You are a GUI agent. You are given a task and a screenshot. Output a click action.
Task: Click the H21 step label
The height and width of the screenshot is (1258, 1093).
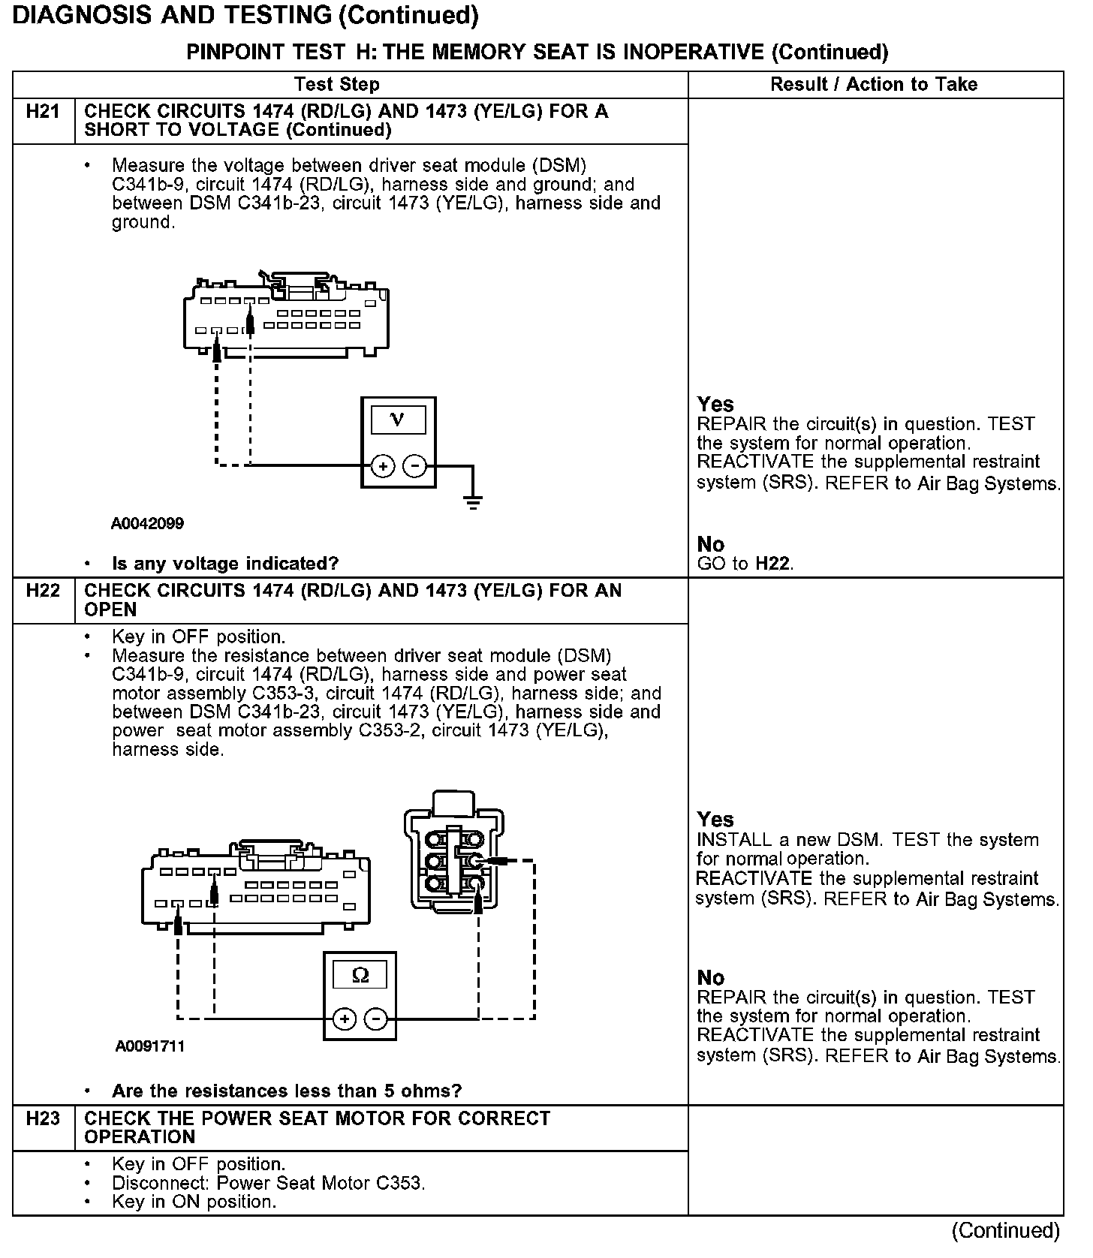(43, 112)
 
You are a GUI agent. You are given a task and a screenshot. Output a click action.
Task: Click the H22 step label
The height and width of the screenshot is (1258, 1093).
(43, 591)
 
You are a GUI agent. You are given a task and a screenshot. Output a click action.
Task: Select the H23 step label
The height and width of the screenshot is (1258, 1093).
(43, 1118)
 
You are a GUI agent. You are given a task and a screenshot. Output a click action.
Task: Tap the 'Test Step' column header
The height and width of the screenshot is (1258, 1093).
(337, 84)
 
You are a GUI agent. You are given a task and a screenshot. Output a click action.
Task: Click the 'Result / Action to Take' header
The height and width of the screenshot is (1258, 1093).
(874, 84)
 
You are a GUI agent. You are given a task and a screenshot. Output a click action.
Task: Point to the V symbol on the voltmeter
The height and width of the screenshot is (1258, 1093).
(398, 419)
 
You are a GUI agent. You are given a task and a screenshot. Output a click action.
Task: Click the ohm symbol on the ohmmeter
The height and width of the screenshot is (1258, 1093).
(360, 975)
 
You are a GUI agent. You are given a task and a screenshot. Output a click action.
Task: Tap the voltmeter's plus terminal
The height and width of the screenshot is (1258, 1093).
(383, 466)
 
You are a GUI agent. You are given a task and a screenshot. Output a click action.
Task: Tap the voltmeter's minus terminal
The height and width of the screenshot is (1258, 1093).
(414, 466)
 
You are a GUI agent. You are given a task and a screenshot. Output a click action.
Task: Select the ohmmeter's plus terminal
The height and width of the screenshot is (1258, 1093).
(345, 1019)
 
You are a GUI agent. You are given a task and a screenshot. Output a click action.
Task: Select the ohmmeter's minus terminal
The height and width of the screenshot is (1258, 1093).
(376, 1019)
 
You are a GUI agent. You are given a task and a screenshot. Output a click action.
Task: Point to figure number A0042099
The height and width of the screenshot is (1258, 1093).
(147, 523)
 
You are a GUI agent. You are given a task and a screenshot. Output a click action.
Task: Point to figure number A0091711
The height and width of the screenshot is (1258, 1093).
(150, 1046)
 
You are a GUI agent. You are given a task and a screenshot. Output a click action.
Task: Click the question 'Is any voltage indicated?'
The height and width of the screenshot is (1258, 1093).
(225, 563)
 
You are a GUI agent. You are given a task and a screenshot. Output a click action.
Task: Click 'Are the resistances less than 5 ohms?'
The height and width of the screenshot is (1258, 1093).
(287, 1091)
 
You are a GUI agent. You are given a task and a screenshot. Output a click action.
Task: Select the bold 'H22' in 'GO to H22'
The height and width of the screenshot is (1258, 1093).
(772, 564)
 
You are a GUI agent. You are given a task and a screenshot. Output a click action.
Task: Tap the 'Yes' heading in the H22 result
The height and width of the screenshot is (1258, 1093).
(715, 819)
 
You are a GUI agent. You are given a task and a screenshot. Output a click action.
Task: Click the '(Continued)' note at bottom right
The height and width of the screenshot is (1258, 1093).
(1005, 1231)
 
